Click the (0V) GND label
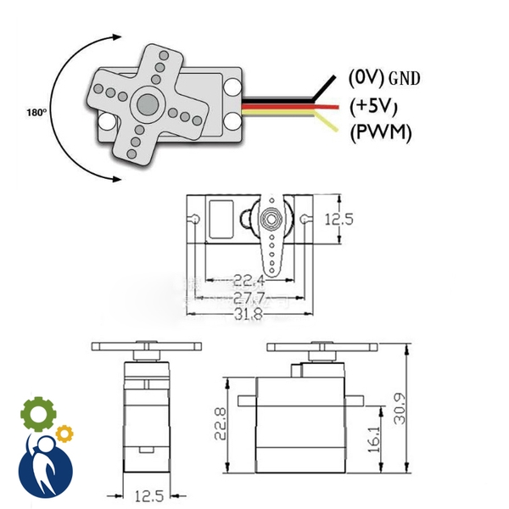click(384, 77)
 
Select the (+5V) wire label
click(374, 105)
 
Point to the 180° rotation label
click(36, 111)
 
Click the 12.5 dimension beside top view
click(338, 219)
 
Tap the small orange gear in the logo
click(64, 434)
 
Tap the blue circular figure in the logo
click(45, 467)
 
